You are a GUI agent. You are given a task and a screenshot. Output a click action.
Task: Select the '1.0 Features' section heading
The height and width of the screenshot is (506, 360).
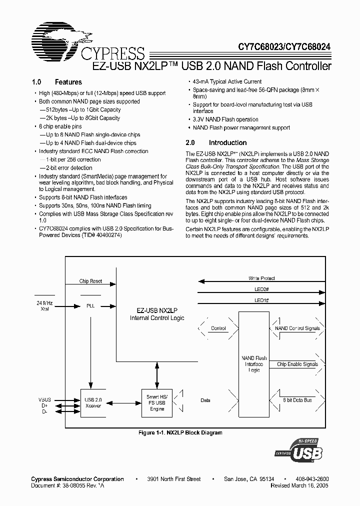(x=56, y=82)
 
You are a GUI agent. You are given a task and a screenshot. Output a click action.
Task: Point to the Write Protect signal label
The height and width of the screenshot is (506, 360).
(x=261, y=278)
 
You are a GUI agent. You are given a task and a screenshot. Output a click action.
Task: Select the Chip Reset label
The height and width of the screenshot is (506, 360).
(x=90, y=281)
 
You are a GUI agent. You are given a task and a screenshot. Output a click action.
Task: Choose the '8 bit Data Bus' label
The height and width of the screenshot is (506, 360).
(x=297, y=400)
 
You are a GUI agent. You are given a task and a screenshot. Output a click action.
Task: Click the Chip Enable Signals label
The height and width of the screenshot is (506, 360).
(x=297, y=364)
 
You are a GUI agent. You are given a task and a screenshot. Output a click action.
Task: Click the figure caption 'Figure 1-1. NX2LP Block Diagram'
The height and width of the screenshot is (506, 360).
(x=180, y=432)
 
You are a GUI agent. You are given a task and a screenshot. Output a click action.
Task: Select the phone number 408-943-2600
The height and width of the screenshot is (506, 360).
(x=312, y=479)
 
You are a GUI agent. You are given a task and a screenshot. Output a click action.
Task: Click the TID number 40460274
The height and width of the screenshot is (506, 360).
(x=104, y=234)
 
